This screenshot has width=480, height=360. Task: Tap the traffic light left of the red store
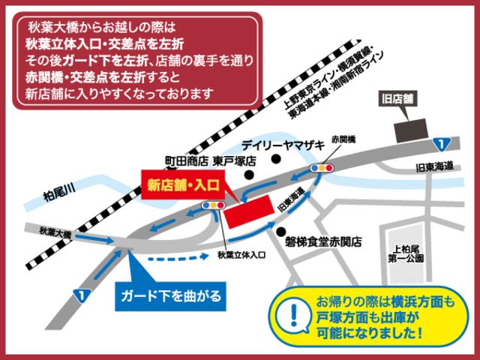click(x=216, y=203)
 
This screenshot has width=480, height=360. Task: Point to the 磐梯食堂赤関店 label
click(x=324, y=241)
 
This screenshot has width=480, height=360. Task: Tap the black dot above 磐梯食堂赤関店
click(x=280, y=229)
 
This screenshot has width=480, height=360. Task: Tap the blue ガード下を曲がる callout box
click(x=170, y=295)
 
